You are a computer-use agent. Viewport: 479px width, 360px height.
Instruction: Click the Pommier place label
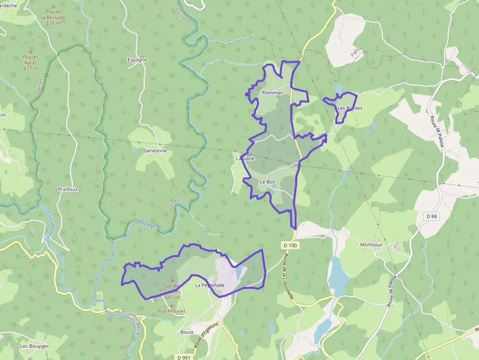tap(272, 93)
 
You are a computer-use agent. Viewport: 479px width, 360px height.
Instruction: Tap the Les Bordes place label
tap(350, 108)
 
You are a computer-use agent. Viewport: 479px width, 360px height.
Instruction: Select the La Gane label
tap(245, 159)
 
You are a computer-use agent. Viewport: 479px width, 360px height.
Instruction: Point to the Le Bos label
tap(267, 182)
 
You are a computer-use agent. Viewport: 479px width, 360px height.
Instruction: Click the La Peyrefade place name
tap(210, 285)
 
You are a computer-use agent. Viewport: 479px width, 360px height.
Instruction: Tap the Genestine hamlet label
tap(155, 151)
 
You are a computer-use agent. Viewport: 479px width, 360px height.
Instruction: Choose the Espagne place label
tap(137, 60)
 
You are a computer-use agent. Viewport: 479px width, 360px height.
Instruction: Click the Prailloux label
tap(68, 189)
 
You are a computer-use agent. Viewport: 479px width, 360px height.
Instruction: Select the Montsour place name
tap(371, 245)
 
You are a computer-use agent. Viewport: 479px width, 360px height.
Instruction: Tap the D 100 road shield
tap(290, 245)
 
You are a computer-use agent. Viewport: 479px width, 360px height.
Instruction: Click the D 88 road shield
tap(431, 216)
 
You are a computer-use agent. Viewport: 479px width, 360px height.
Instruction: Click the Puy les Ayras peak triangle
tap(31, 51)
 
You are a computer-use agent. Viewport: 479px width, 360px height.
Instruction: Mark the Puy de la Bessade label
tap(54, 17)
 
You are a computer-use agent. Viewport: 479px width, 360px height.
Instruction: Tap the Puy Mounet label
tap(171, 311)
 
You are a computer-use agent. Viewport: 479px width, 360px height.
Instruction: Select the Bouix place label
tap(187, 332)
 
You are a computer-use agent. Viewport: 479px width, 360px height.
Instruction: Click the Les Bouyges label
tap(34, 346)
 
